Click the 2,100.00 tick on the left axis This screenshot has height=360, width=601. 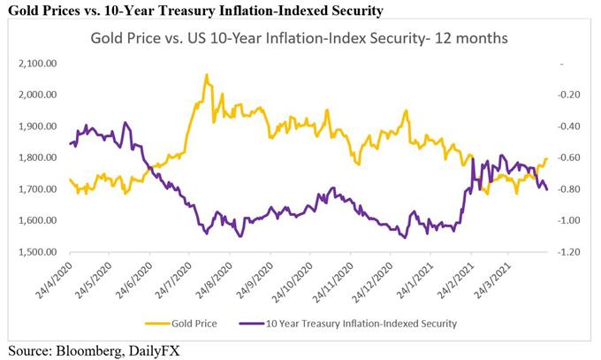click(38, 63)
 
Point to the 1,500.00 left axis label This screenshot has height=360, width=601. click(38, 252)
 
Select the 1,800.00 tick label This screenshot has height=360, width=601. click(38, 157)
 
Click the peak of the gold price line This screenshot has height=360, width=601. click(207, 75)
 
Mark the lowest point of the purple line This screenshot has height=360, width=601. click(404, 238)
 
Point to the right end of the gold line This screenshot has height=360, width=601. click(547, 159)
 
